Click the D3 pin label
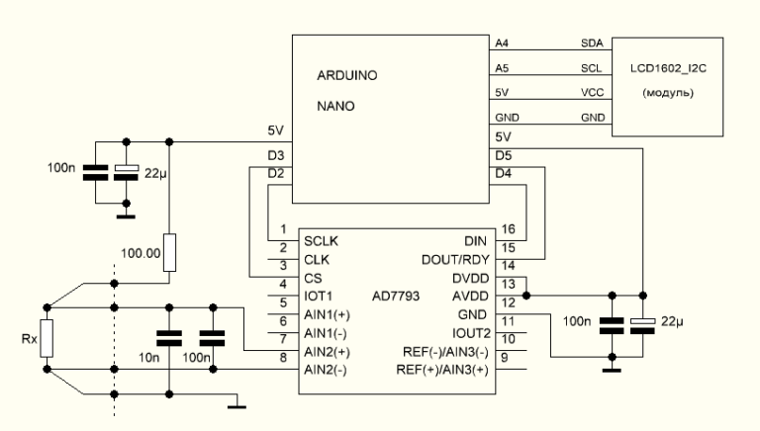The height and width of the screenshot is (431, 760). (276, 156)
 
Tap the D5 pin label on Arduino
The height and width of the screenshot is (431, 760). (502, 156)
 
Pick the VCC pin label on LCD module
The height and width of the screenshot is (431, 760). (591, 93)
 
